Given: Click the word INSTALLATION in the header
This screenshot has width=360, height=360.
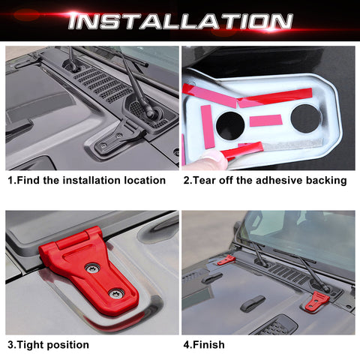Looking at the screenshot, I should click(180, 20).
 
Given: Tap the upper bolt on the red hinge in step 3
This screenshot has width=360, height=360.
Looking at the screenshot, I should click(91, 268).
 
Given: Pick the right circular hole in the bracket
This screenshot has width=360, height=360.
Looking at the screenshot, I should click(306, 118).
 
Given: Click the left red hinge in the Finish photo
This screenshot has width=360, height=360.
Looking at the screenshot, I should click(226, 260).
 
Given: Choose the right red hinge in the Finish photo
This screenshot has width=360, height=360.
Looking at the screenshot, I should click(317, 301).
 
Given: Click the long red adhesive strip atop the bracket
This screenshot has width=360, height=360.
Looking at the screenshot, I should click(276, 96).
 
